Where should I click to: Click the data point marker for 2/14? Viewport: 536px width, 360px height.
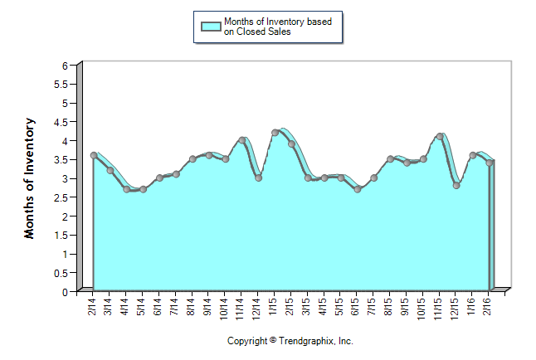coord(94,155)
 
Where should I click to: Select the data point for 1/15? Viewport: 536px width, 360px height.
coord(275,133)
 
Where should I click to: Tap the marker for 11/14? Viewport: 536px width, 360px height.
coord(241,140)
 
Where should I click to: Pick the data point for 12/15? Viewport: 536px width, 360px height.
coord(456,186)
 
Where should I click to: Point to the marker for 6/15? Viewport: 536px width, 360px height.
coord(358,189)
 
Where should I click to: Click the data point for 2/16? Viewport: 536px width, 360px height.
coord(490,163)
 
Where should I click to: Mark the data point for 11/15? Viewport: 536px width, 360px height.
coord(440,137)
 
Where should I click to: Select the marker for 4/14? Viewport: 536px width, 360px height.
coord(126,189)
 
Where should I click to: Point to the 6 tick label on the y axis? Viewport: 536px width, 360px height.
coord(64,66)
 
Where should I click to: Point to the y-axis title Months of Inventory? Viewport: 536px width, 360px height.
coord(30,178)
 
